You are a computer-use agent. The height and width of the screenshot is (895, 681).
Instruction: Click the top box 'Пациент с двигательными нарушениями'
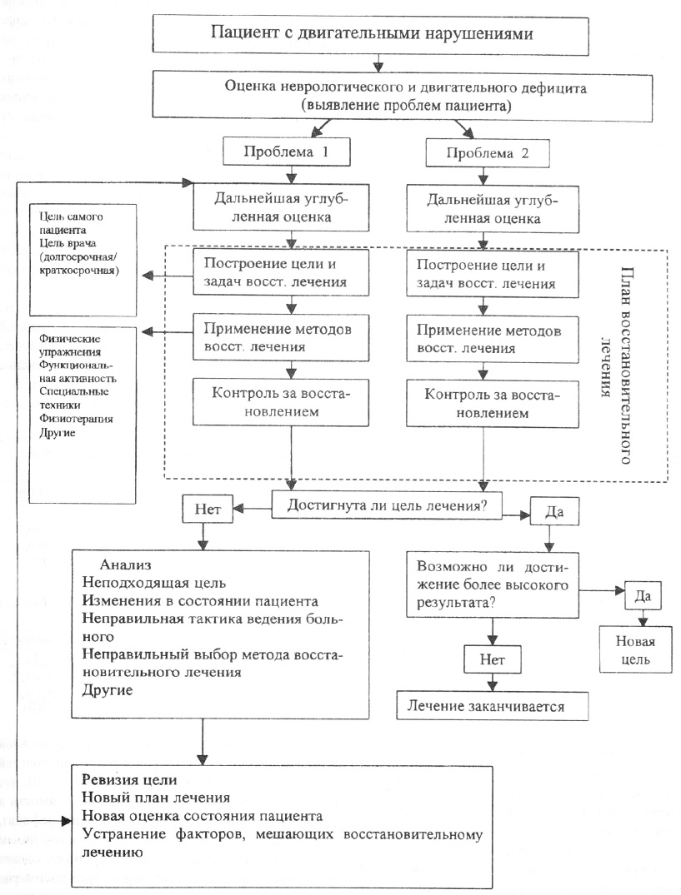pos(380,34)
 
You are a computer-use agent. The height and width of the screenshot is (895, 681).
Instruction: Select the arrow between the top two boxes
pos(380,64)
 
